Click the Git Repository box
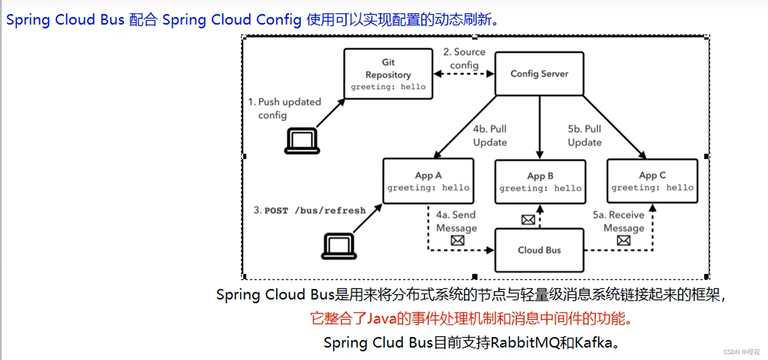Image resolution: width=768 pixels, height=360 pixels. pyautogui.click(x=388, y=74)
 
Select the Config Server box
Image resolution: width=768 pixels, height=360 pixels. pyautogui.click(x=539, y=74)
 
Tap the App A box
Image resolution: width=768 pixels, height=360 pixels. pyautogui.click(x=428, y=181)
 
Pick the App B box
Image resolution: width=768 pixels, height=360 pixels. pyautogui.click(x=540, y=182)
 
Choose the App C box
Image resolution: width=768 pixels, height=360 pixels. pyautogui.click(x=652, y=181)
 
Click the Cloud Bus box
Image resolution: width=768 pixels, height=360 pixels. pyautogui.click(x=539, y=250)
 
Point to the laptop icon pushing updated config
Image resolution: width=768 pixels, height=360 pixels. pyautogui.click(x=302, y=141)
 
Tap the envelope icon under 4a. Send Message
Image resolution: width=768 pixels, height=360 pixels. pyautogui.click(x=457, y=240)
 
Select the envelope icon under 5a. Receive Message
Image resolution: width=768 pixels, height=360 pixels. pyautogui.click(x=623, y=240)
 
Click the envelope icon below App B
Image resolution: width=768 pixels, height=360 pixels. pyautogui.click(x=528, y=220)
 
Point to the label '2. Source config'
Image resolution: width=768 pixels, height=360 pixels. pyautogui.click(x=464, y=58)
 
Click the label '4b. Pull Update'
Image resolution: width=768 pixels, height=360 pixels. pyautogui.click(x=490, y=136)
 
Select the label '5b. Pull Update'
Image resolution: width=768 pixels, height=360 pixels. pyautogui.click(x=584, y=136)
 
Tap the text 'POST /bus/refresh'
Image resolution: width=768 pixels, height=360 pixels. pyautogui.click(x=315, y=210)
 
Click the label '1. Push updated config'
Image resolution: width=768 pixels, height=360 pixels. pyautogui.click(x=284, y=108)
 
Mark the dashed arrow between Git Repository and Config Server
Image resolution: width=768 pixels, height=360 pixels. pyautogui.click(x=464, y=74)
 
